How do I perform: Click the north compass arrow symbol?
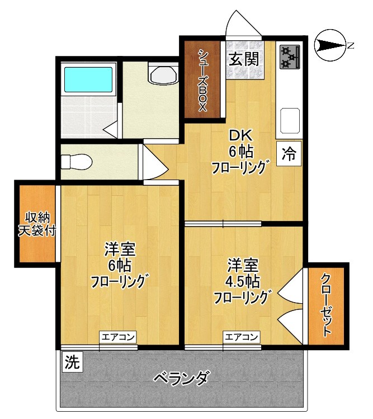(329, 46)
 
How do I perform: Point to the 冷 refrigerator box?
(289, 152)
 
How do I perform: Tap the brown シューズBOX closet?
(202, 81)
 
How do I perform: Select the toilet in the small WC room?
(75, 162)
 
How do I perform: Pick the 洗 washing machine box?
(71, 361)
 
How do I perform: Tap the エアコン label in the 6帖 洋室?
(119, 337)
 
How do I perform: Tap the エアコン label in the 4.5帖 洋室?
(242, 337)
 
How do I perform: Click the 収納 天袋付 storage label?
(37, 224)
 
